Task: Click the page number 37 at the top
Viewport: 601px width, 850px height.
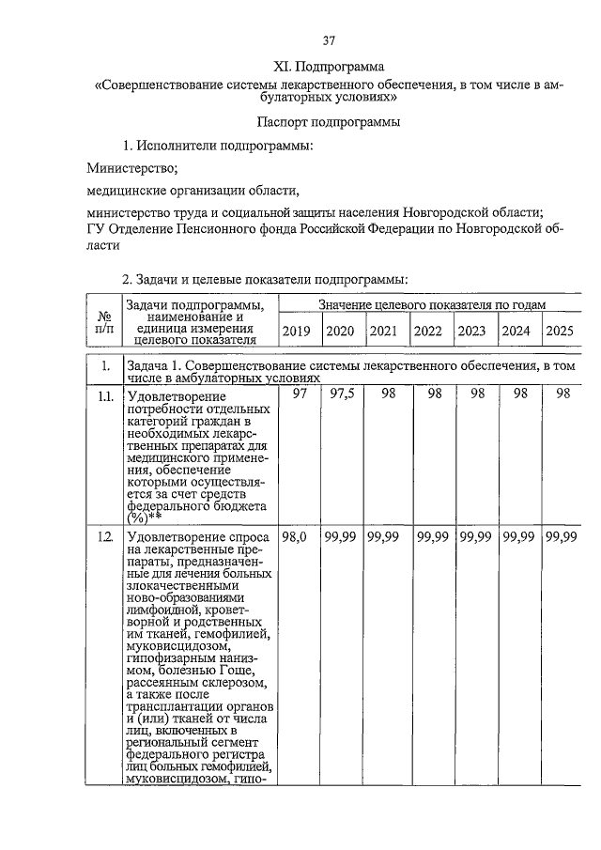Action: (330, 40)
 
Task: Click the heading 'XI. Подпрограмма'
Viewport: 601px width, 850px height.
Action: (329, 67)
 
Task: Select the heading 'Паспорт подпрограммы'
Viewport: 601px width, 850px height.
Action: (329, 122)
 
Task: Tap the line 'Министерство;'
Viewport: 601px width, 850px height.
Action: (131, 168)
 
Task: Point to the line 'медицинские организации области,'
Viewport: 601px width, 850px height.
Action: (192, 191)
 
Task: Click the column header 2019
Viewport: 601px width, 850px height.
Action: (296, 331)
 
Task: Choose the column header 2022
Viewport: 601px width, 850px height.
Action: (428, 331)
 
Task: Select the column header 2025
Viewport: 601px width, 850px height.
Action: (560, 331)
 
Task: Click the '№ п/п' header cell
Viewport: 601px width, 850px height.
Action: (105, 323)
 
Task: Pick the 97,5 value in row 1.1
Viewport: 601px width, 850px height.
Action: (340, 394)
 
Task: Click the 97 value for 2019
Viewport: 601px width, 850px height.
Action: (300, 394)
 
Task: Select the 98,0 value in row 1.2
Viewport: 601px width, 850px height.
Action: (296, 536)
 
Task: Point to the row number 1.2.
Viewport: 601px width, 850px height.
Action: (105, 537)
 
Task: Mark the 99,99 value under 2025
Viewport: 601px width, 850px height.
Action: (561, 536)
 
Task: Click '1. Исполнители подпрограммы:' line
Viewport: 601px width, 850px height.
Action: (218, 146)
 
